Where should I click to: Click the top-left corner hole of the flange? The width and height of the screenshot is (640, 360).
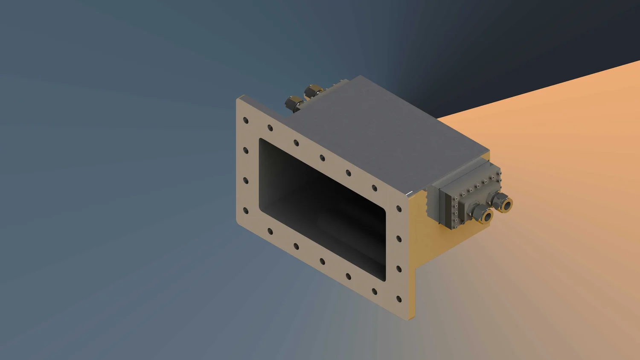(246, 121)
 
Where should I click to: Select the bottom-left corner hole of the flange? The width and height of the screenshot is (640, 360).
(246, 211)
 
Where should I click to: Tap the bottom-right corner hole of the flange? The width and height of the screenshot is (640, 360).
(399, 299)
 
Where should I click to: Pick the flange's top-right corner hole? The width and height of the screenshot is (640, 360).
(399, 209)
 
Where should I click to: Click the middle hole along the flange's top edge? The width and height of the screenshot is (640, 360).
(322, 158)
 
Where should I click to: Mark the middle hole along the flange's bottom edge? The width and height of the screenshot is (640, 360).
(322, 261)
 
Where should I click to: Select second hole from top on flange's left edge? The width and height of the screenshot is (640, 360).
(246, 151)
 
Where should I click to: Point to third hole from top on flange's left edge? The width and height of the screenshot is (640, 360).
(246, 181)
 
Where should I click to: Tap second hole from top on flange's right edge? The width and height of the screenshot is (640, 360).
(399, 239)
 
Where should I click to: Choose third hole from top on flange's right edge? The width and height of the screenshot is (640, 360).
(399, 269)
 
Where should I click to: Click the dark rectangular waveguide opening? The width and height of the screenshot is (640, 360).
(322, 209)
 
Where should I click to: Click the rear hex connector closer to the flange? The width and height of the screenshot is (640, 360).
(294, 103)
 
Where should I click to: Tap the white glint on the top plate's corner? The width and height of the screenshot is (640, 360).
(410, 193)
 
